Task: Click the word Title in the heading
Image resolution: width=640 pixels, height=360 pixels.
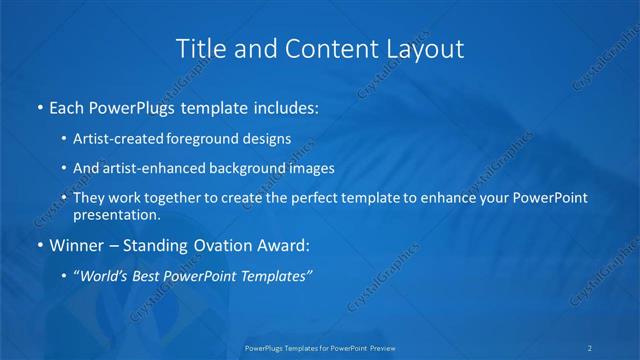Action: coord(198,47)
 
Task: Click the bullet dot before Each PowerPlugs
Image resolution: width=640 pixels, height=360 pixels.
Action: coord(39,105)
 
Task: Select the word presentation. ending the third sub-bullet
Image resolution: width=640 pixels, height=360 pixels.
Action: coord(117,214)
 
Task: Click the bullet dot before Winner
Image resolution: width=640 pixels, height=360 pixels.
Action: coord(39,243)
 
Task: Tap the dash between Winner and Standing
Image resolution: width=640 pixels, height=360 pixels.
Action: coord(113,243)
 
